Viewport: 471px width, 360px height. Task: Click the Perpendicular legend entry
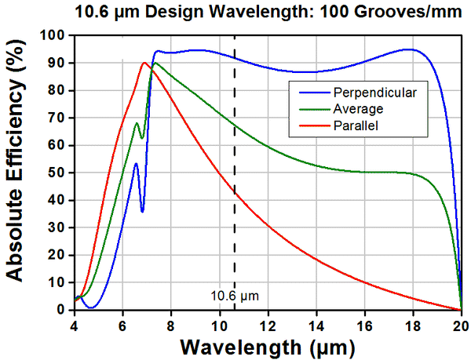pos(373,93)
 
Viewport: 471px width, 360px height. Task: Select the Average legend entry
pos(358,108)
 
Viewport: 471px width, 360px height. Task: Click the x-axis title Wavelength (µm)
pos(267,345)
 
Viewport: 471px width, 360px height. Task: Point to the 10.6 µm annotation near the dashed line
pos(234,296)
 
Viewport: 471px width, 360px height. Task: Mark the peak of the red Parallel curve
pos(144,63)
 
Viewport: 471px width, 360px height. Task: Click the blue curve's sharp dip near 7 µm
pos(142,211)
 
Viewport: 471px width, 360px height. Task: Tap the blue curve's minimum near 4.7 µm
pos(91,307)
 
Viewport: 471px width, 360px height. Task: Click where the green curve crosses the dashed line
pos(235,125)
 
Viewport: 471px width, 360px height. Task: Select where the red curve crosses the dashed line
pos(235,191)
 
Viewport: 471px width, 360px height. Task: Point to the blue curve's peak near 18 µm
pos(408,49)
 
